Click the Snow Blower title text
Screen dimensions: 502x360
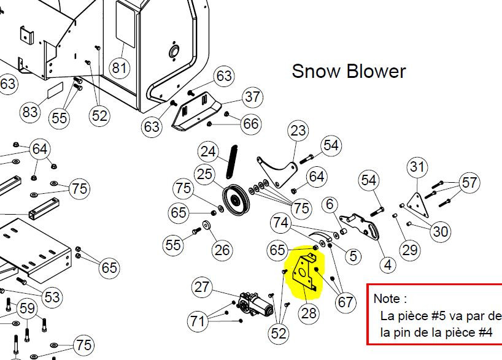click(x=349, y=71)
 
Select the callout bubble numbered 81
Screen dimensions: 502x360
click(x=120, y=68)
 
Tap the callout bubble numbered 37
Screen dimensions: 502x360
click(x=252, y=97)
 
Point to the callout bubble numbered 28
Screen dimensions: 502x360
click(x=309, y=313)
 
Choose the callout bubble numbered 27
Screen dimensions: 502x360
click(x=202, y=287)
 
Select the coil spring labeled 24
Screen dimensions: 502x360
click(x=232, y=162)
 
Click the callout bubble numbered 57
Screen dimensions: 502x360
click(x=469, y=182)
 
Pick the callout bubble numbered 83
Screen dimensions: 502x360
click(x=30, y=112)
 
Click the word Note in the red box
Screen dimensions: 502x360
click(x=387, y=299)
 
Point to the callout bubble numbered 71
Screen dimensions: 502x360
click(x=197, y=321)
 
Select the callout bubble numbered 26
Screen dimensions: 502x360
click(x=222, y=250)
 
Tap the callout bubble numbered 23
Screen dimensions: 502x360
click(x=298, y=131)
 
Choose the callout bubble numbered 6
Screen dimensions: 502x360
click(x=330, y=204)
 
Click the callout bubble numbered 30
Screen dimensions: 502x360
click(x=440, y=231)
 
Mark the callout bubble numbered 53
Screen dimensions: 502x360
click(x=52, y=297)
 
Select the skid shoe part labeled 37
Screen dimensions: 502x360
click(x=196, y=112)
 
